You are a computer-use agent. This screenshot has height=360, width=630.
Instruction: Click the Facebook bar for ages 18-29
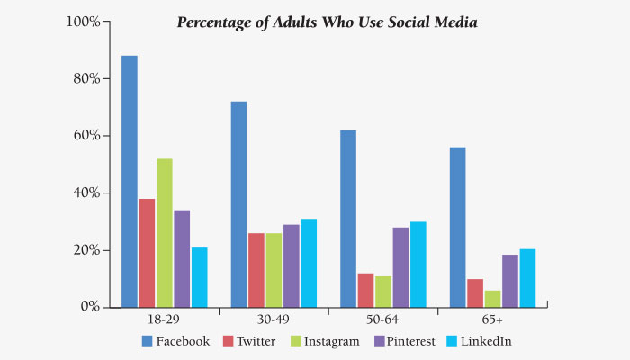tap(130, 181)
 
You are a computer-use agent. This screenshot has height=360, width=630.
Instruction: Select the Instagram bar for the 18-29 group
tap(164, 232)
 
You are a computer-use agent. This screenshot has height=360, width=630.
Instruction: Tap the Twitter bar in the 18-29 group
tap(147, 252)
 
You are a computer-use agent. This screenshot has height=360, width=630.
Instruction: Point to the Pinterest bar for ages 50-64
tap(400, 266)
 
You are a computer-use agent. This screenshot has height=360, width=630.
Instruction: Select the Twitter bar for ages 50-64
tap(365, 289)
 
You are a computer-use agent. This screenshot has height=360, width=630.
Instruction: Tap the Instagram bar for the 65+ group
tap(492, 298)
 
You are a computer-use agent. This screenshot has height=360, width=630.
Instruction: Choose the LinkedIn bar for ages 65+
tap(527, 277)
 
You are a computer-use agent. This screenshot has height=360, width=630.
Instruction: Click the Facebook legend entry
tap(175, 341)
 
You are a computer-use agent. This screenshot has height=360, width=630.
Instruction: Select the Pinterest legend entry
tap(400, 341)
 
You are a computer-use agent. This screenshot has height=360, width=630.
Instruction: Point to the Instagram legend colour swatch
tap(298, 341)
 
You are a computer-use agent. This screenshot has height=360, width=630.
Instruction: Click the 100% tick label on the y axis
tap(83, 21)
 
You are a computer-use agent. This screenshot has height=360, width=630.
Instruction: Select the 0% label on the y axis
tap(88, 307)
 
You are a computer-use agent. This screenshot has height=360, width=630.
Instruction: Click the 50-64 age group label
tap(383, 320)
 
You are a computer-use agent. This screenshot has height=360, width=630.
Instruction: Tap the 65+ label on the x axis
tap(492, 320)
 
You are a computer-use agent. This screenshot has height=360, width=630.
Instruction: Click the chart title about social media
tap(327, 22)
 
